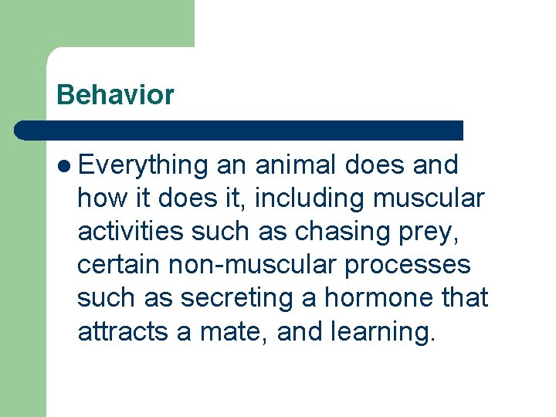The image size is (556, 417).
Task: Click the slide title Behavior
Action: coord(116,95)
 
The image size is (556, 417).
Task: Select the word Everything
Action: coord(144,165)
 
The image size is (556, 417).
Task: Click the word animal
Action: coord(297,165)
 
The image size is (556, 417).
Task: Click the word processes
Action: coord(408,265)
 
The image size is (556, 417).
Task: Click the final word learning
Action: coord(381,332)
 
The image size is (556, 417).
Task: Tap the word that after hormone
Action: coord(465,298)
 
